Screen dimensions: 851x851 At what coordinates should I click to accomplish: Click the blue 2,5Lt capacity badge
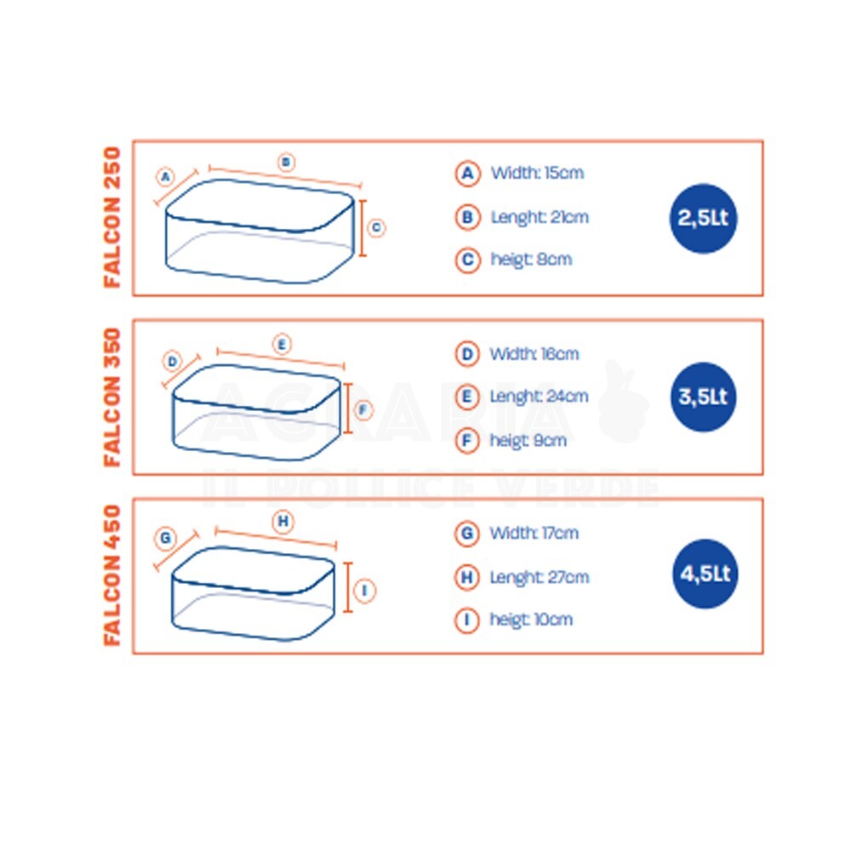point(704,218)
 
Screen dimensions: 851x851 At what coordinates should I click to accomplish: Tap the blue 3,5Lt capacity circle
point(704,397)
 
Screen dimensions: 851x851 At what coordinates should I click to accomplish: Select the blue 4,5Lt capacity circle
point(705,574)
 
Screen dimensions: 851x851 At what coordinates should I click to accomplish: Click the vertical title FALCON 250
point(111,217)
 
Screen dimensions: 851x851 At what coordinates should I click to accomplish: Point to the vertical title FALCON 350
point(111,397)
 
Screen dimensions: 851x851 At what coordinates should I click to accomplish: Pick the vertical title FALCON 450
point(111,575)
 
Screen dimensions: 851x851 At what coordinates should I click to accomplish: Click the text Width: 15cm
point(537,173)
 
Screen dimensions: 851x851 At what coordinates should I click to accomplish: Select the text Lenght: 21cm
point(540,217)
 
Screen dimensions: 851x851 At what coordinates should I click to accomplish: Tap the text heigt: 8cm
point(531,260)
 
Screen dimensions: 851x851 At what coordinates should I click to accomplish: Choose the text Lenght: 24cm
point(539,397)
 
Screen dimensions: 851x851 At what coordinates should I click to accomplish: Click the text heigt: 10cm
point(531,620)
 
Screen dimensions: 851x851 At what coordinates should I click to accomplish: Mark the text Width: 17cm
point(534,533)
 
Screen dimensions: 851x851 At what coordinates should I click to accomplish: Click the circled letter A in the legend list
point(467,174)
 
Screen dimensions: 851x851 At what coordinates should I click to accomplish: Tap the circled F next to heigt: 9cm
point(466,440)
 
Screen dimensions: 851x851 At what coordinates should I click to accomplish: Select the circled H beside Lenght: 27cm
point(466,577)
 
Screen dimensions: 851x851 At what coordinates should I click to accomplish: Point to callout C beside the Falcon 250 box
point(376,228)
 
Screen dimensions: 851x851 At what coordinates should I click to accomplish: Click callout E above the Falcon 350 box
point(282,344)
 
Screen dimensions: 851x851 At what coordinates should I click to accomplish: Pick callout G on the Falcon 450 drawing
point(166,538)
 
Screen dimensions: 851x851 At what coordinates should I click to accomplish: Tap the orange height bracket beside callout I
point(348,587)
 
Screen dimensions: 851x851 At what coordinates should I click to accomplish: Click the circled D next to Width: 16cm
point(466,354)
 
